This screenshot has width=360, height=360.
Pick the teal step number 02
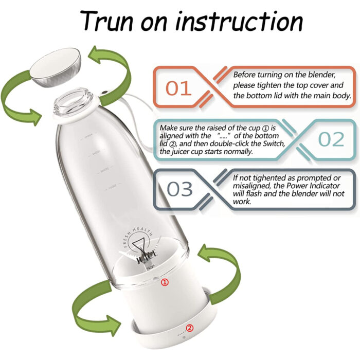(331, 139)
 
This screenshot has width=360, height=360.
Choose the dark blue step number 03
(178, 189)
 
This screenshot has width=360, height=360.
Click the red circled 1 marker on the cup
(165, 282)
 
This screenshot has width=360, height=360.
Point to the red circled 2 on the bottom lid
(189, 328)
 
